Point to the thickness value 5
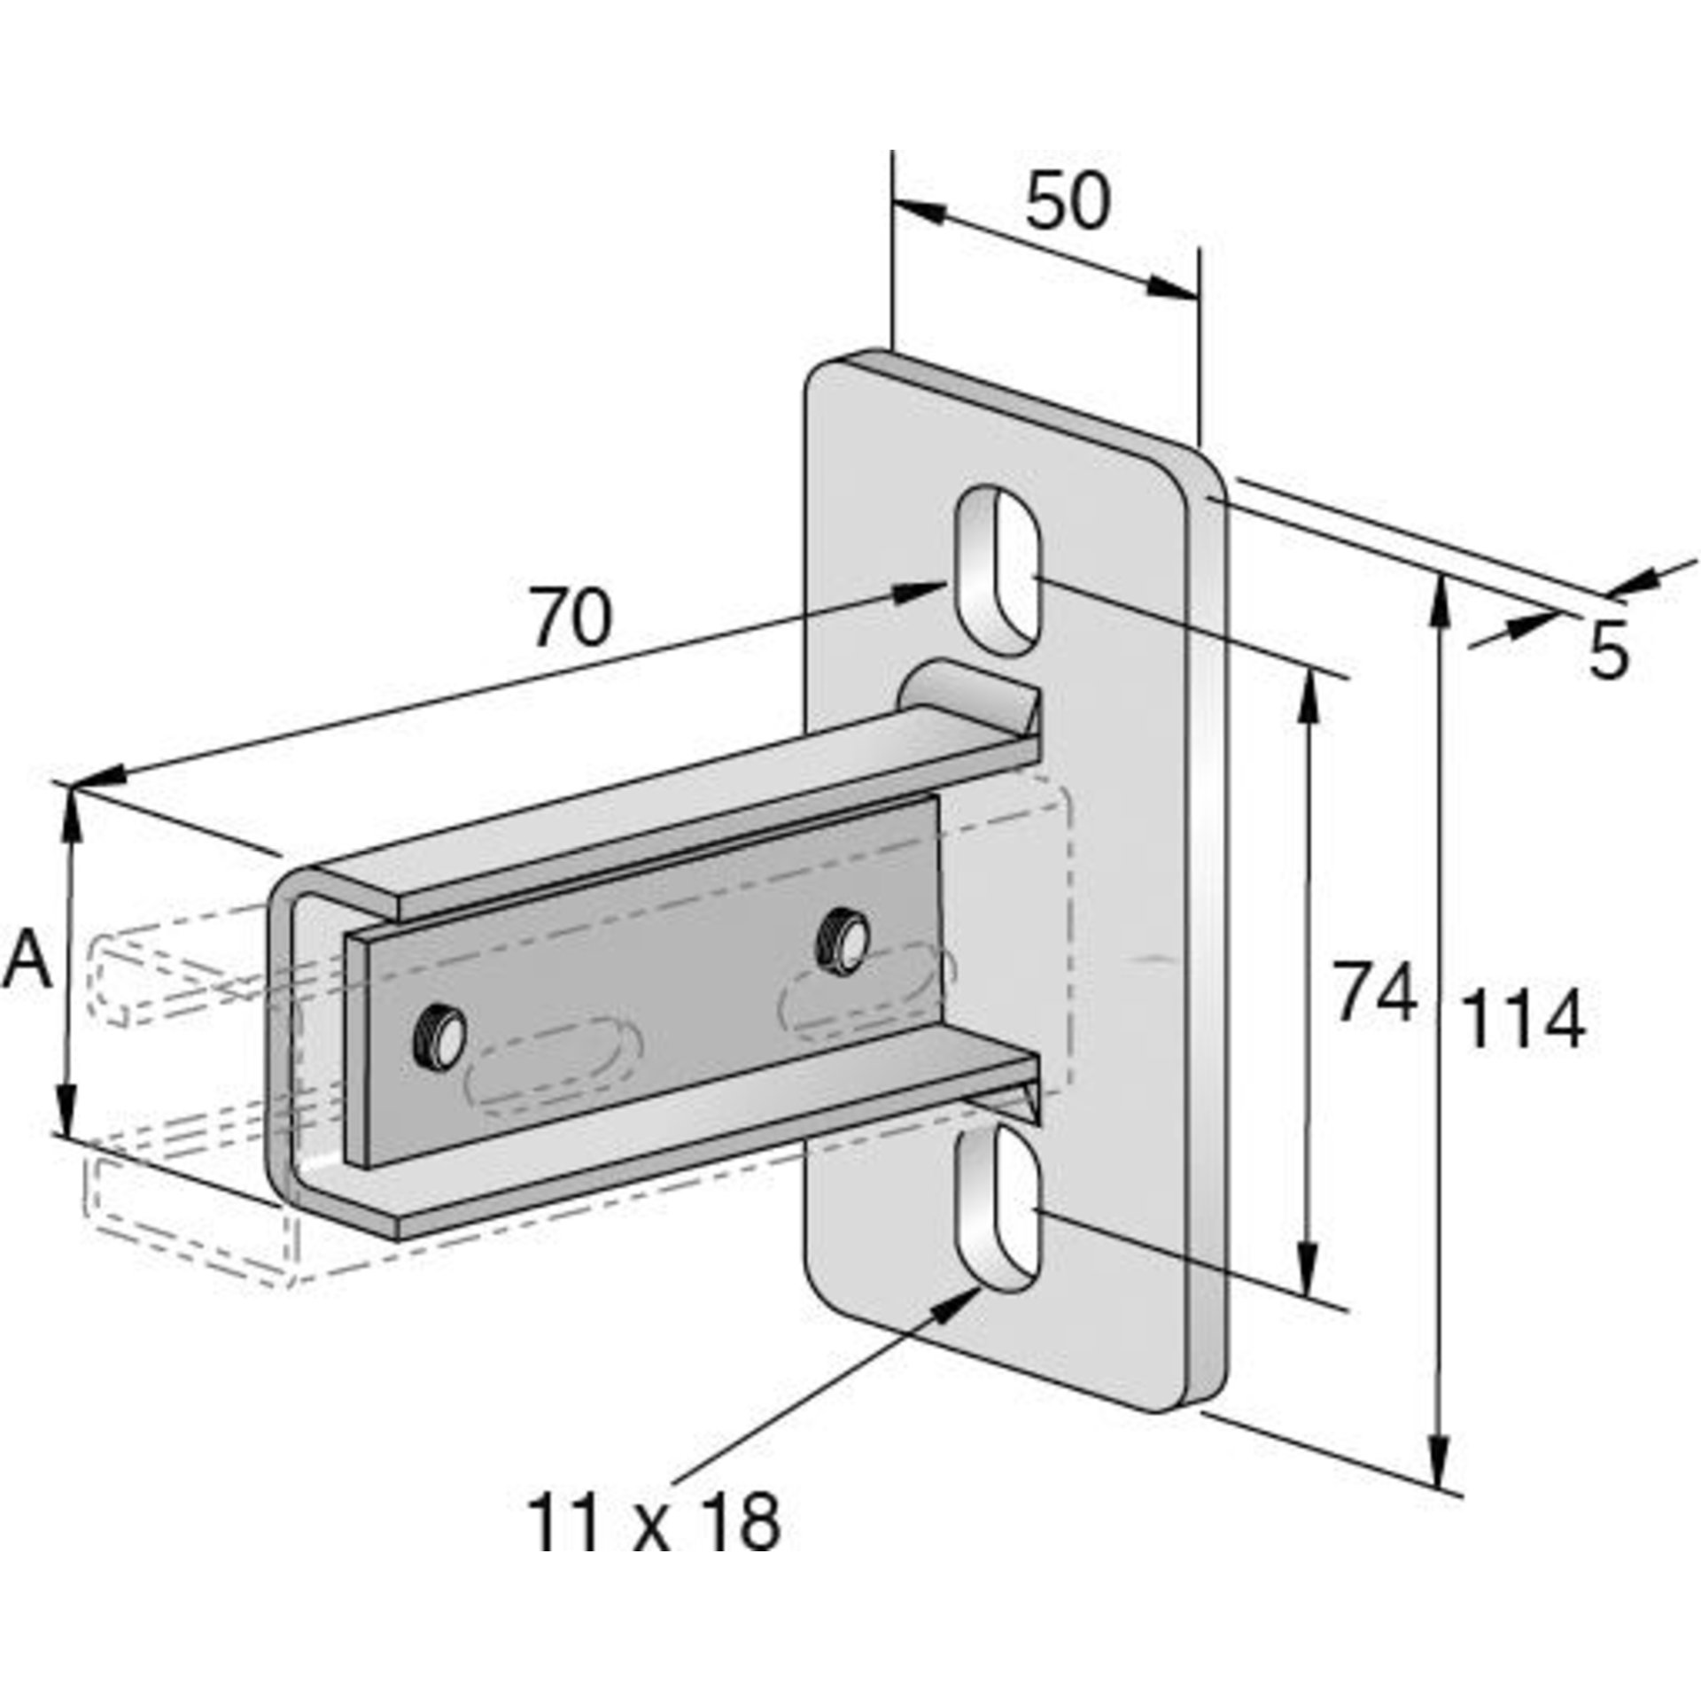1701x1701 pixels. pyautogui.click(x=1608, y=652)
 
